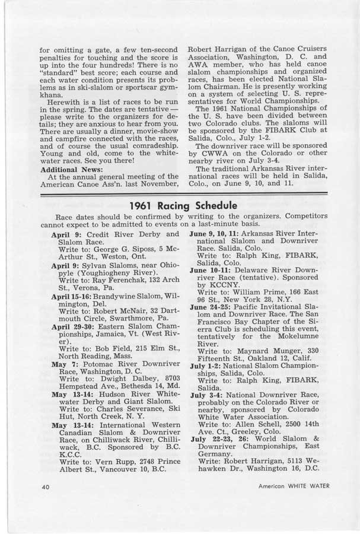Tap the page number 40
[x=46, y=487]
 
